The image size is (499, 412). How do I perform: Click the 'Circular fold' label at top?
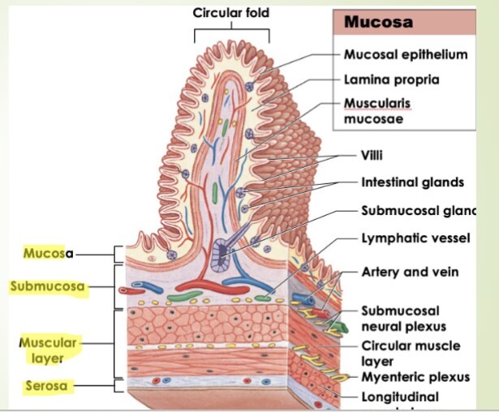[x=230, y=13]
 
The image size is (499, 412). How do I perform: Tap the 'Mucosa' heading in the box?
[x=378, y=22]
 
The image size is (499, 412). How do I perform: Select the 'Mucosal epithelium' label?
[x=406, y=55]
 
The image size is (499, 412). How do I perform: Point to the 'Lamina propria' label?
[x=391, y=79]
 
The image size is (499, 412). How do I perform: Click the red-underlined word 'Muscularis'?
[x=377, y=104]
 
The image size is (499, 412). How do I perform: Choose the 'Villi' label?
[x=372, y=155]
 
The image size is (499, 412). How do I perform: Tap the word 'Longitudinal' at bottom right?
[x=400, y=397]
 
